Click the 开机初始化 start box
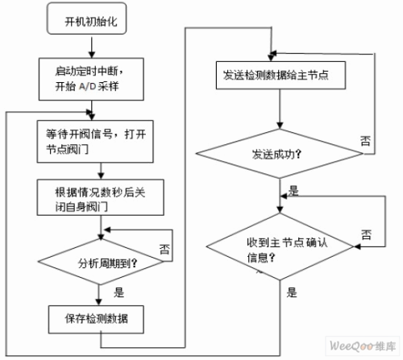point(86,19)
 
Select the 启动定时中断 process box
point(91,79)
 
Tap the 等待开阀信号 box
point(95,142)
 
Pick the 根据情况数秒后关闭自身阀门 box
point(101,197)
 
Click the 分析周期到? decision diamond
point(101,262)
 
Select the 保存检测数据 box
point(96,320)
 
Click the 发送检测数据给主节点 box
point(280,75)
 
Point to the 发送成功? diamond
point(280,154)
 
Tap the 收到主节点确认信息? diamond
point(280,246)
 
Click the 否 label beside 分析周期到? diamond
point(164,249)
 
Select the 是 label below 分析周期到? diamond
point(118,292)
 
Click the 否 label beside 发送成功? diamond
point(365,141)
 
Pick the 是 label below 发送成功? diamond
point(293,191)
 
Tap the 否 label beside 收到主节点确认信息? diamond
point(366,234)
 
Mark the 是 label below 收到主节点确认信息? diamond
point(292,292)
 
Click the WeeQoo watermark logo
point(363,346)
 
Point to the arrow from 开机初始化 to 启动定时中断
point(92,48)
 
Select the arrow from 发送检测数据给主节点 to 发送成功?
point(280,109)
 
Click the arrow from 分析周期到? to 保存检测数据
point(98,295)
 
